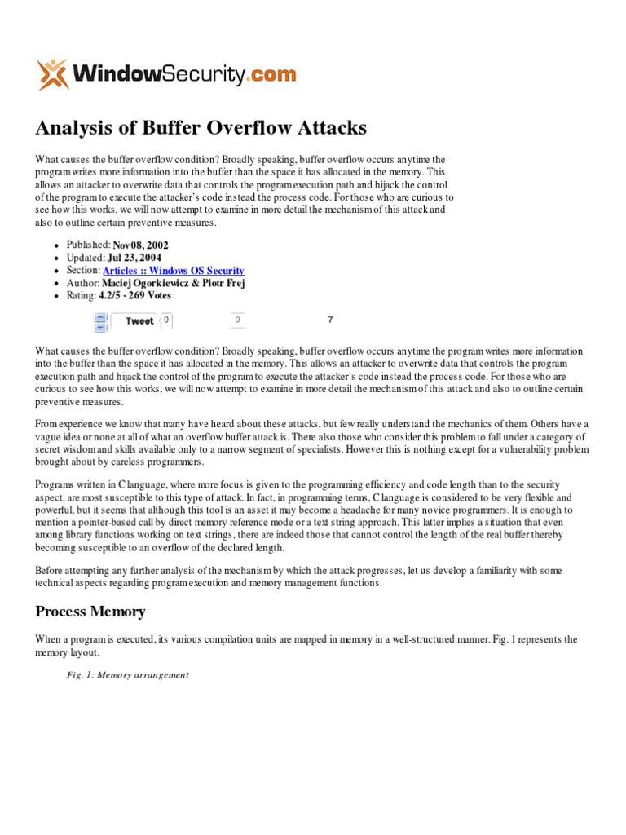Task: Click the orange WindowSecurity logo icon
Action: tap(52, 74)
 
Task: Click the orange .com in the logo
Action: tap(271, 75)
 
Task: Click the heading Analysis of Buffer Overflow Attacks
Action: tap(201, 128)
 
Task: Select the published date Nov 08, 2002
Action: tap(142, 245)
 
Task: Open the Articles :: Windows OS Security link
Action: tap(173, 271)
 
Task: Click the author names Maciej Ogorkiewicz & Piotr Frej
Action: tap(174, 283)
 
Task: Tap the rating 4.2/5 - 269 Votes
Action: tap(135, 296)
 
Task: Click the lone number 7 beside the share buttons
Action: tap(330, 320)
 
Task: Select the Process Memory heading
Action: tap(90, 612)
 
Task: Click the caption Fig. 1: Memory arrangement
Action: tap(128, 675)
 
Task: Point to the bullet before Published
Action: tap(56, 245)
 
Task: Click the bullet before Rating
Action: tap(56, 297)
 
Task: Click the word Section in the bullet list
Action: tap(82, 271)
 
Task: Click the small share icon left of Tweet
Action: tap(100, 321)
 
